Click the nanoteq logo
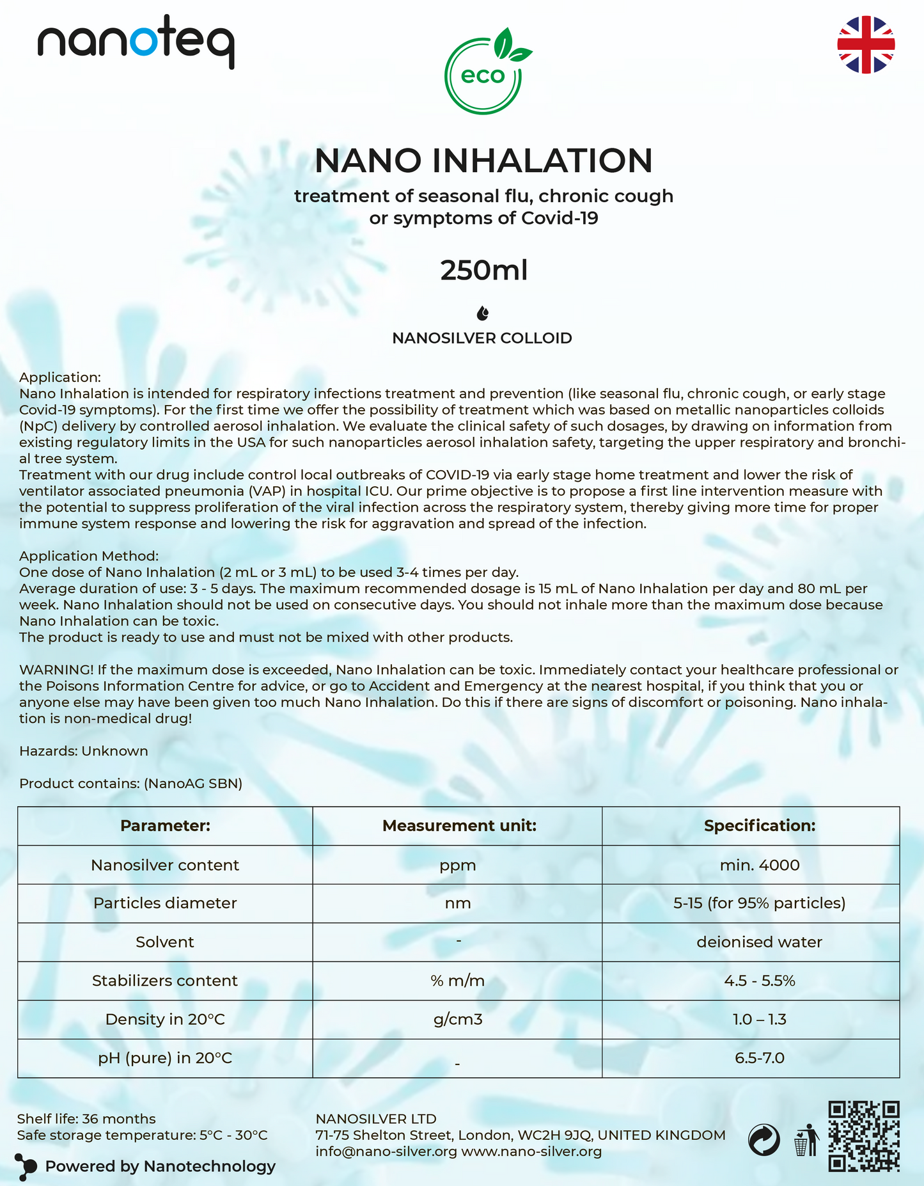click(136, 42)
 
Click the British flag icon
click(866, 44)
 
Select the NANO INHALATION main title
click(483, 161)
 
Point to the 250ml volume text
click(483, 271)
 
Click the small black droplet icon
click(483, 313)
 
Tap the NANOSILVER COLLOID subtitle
click(482, 338)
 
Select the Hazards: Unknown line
click(84, 751)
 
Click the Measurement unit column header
click(458, 826)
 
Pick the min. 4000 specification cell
click(759, 866)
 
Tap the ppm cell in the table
click(458, 866)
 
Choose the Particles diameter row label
click(165, 903)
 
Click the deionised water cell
click(759, 942)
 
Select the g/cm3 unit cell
click(458, 1019)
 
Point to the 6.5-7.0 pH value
click(759, 1058)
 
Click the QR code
click(864, 1135)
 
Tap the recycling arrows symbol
click(763, 1140)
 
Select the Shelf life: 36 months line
click(86, 1119)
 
